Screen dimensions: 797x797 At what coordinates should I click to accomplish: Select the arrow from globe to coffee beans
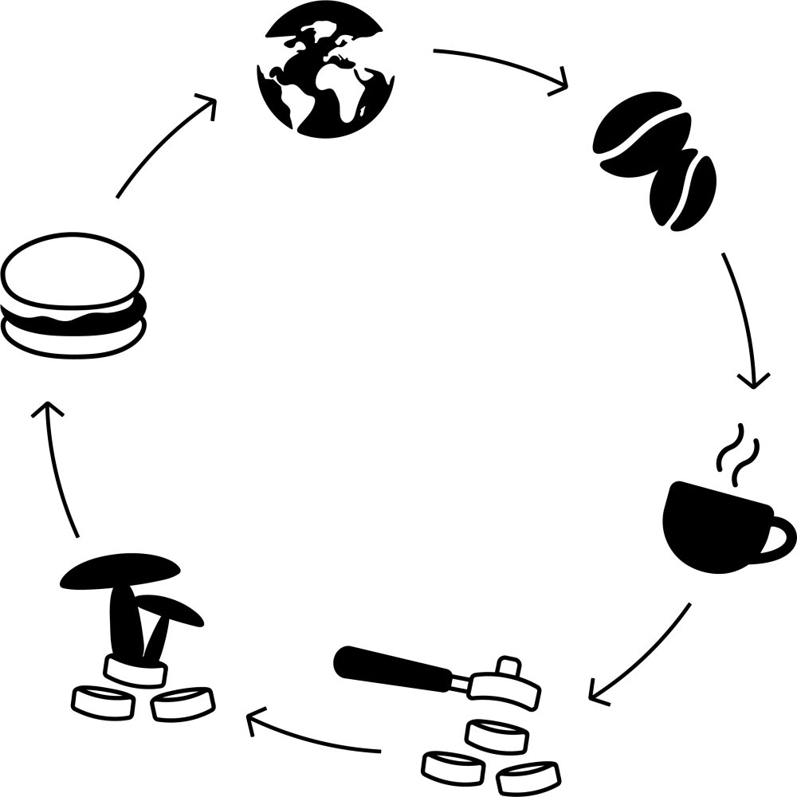tap(502, 62)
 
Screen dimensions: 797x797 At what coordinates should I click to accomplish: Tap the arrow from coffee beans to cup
tap(745, 319)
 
